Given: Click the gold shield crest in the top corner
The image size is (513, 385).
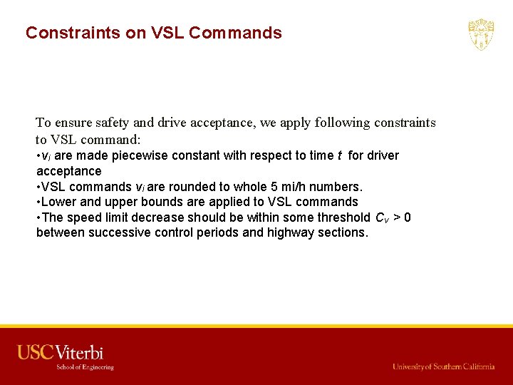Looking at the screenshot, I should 481,34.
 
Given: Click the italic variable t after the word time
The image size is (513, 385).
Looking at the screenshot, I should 340,155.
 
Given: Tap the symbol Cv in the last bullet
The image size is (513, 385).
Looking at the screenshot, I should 381,218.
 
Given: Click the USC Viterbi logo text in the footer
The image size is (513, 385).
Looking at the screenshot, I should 61,352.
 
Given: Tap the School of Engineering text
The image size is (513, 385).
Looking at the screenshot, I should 85,367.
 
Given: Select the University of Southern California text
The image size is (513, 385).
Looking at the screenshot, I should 443,366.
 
